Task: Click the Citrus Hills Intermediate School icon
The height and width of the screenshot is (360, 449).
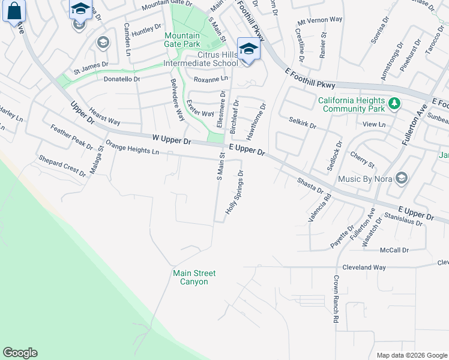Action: (x=247, y=49)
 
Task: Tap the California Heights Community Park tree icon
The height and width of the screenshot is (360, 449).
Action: (x=394, y=104)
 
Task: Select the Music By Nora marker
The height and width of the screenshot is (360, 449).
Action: (x=402, y=178)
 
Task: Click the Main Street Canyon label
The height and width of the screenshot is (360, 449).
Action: (x=194, y=277)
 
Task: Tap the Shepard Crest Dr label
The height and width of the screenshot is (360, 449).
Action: (x=62, y=166)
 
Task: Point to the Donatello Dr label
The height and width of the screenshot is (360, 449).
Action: (x=122, y=79)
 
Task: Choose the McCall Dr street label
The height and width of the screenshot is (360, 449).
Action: (x=394, y=250)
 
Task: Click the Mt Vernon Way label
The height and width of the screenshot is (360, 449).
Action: (x=320, y=19)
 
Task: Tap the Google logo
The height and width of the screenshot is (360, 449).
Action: (x=20, y=353)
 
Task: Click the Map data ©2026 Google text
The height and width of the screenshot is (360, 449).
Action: (x=411, y=355)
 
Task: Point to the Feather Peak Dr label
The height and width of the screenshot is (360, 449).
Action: (x=71, y=137)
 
